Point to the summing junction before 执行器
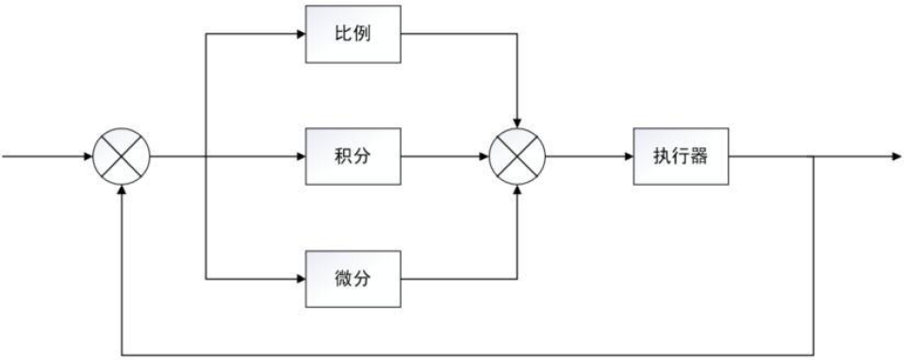pyautogui.click(x=518, y=155)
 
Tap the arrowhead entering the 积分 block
pyautogui.click(x=300, y=155)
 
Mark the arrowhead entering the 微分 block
pyautogui.click(x=300, y=280)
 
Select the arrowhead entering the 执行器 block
pyautogui.click(x=627, y=155)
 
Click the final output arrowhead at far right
pyautogui.click(x=895, y=155)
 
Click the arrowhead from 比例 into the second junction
pyautogui.click(x=518, y=123)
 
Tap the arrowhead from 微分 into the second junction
pyautogui.click(x=518, y=188)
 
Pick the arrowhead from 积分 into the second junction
pyautogui.click(x=485, y=155)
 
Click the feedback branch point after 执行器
pyautogui.click(x=814, y=155)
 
